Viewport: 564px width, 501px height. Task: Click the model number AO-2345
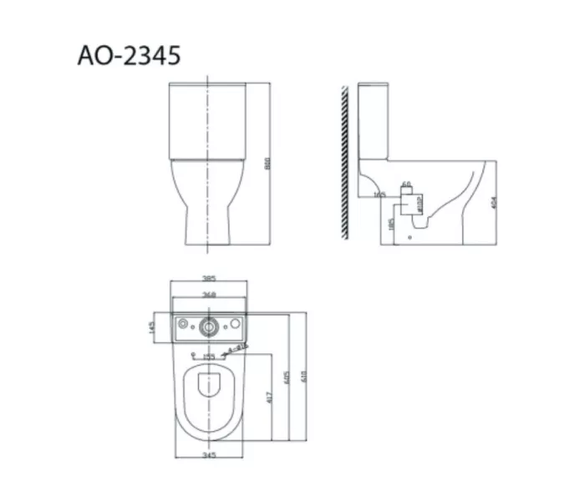[x=129, y=56]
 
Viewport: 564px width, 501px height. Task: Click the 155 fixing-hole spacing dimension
[x=209, y=357]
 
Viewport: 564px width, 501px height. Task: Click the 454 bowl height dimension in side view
[x=495, y=202]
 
